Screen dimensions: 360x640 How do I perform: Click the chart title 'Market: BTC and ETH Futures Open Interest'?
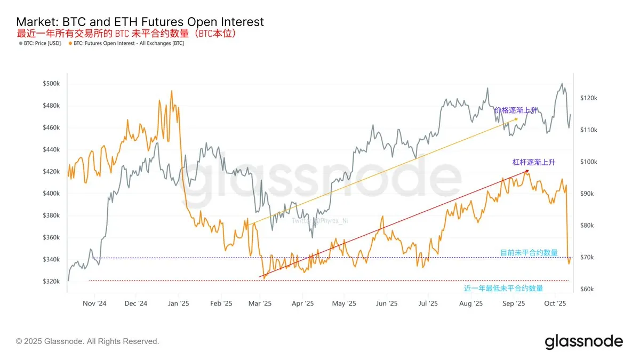[140, 22]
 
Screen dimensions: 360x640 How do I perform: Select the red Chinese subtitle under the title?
[127, 34]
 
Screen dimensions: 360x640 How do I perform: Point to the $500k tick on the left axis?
[52, 84]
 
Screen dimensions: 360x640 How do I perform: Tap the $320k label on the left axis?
[52, 281]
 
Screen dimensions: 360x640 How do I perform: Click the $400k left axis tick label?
[52, 194]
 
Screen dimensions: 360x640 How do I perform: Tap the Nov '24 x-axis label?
[95, 303]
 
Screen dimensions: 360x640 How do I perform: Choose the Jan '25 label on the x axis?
[179, 303]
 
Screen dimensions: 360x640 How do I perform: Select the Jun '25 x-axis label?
[387, 303]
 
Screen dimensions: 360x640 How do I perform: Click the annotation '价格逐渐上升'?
[516, 110]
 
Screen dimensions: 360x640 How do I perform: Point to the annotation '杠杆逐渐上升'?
[533, 162]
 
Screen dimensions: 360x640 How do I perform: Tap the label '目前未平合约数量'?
[529, 252]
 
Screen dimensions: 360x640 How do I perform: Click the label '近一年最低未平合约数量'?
[503, 288]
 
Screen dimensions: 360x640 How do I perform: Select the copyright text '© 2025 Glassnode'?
[87, 341]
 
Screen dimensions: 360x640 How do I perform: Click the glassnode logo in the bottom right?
[583, 341]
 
